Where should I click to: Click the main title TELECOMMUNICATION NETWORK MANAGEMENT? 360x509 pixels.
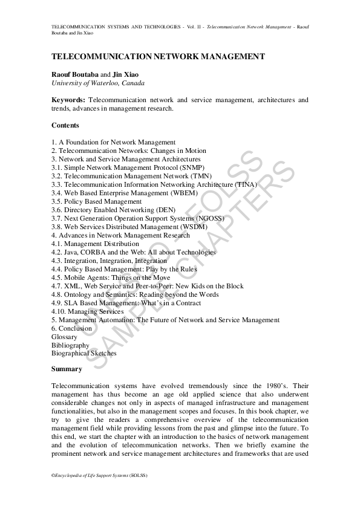(158, 56)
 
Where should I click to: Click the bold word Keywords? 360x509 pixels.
(68, 100)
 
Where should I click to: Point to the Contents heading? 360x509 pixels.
(65, 125)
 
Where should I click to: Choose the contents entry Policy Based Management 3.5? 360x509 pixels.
(96, 201)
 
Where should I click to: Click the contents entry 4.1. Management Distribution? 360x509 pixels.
(95, 244)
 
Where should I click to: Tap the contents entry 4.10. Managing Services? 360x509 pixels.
(87, 311)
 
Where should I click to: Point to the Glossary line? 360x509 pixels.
(64, 337)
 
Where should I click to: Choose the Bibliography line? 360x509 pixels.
(70, 345)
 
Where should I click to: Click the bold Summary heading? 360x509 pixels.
(67, 369)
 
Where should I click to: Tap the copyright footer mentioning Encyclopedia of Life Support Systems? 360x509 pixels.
(99, 476)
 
